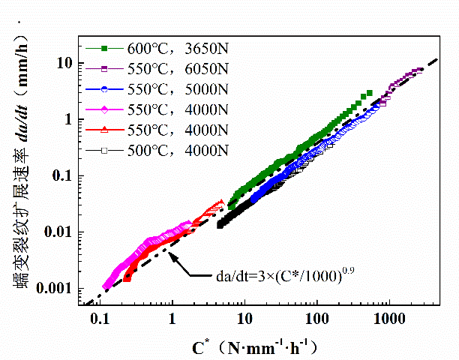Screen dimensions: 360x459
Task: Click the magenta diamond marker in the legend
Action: click(x=105, y=111)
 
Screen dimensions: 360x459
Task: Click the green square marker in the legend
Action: click(x=105, y=49)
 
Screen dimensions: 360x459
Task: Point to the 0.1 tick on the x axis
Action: click(x=100, y=319)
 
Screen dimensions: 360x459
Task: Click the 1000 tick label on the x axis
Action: click(x=389, y=319)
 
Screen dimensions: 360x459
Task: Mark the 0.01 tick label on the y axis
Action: click(x=60, y=232)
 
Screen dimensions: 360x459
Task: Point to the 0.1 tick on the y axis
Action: click(x=63, y=175)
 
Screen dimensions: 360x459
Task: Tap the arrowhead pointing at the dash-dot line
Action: click(x=172, y=257)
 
